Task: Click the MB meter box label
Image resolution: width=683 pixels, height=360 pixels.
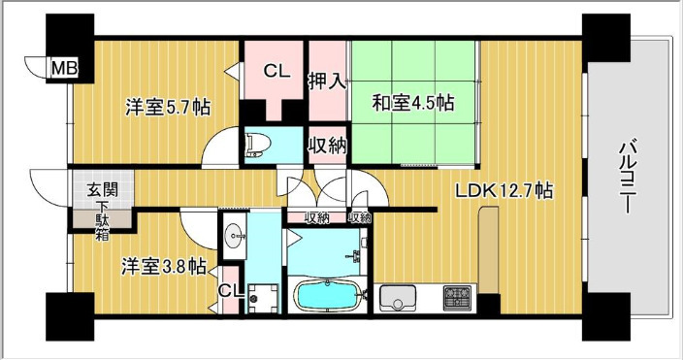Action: tap(64, 69)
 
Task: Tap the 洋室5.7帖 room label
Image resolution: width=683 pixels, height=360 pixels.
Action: tap(168, 107)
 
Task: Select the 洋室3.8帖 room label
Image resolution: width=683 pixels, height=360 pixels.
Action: tap(164, 267)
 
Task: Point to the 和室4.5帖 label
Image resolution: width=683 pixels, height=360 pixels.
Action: tap(412, 103)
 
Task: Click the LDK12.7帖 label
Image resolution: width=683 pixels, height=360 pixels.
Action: tap(504, 190)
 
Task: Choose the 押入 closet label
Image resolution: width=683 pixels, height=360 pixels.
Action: tap(327, 82)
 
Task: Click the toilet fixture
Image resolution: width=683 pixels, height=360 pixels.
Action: tap(258, 146)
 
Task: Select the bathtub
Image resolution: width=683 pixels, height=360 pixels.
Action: tap(329, 296)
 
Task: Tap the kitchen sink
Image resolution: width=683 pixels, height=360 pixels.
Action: tap(397, 298)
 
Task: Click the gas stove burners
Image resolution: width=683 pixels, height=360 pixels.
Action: tap(457, 298)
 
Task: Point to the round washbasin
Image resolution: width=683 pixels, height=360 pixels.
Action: tap(235, 236)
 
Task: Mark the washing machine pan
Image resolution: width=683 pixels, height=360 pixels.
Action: tap(262, 299)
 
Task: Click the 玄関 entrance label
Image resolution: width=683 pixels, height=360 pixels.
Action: tap(103, 190)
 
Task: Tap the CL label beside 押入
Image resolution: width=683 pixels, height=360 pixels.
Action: tap(276, 72)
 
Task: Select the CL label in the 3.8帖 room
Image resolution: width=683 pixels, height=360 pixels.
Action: tap(230, 291)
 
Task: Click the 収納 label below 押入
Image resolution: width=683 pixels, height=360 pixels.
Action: tap(328, 146)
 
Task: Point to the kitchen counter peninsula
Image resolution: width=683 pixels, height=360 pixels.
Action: tap(489, 250)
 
